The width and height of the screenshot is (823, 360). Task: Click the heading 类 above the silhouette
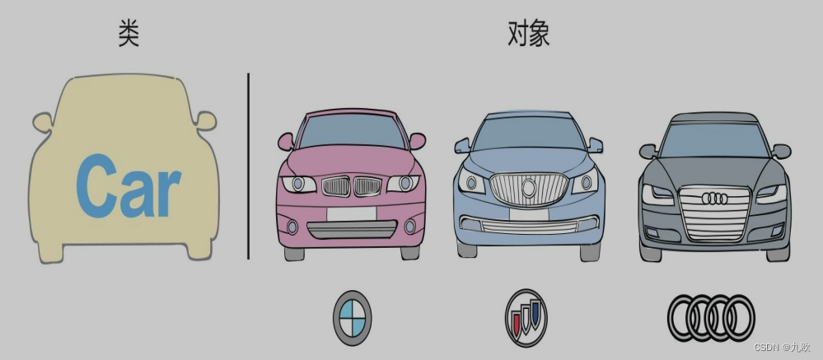(129, 35)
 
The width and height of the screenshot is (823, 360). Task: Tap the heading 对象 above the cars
(528, 35)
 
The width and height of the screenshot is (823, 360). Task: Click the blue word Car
(128, 187)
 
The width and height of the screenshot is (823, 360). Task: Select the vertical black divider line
(248, 165)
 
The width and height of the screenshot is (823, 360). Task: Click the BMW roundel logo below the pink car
(352, 317)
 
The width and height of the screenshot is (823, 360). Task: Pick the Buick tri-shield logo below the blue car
(526, 317)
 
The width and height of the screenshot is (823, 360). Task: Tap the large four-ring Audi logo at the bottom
(710, 317)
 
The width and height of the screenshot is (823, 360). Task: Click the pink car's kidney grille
(351, 187)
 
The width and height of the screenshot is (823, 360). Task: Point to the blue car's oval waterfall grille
(526, 189)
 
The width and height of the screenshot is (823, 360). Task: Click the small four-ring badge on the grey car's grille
(713, 199)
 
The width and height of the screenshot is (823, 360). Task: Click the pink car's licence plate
(351, 213)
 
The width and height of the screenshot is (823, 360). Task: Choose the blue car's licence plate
(527, 214)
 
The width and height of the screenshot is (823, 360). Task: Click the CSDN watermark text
(781, 348)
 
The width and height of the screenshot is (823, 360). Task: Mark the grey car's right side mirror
(781, 151)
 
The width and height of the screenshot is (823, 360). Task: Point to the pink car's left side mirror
(286, 142)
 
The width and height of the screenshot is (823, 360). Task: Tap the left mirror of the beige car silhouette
(42, 123)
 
